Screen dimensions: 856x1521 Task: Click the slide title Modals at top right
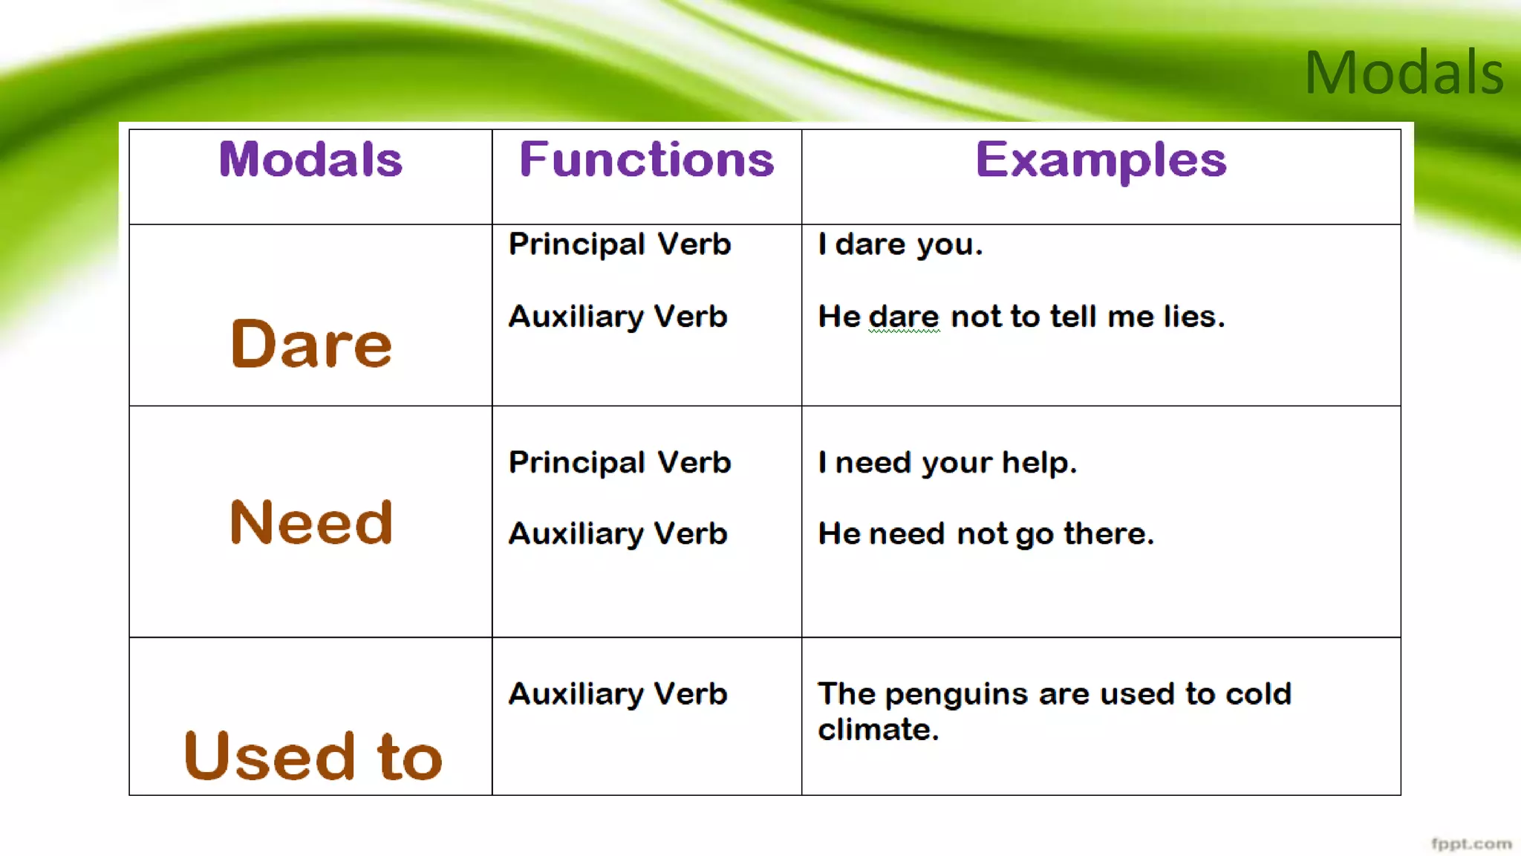click(1403, 73)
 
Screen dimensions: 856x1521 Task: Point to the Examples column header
click(1101, 160)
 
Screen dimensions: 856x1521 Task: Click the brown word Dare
click(311, 344)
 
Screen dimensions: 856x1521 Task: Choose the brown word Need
click(311, 522)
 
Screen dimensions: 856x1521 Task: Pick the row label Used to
click(313, 756)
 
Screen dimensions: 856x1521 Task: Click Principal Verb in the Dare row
click(619, 244)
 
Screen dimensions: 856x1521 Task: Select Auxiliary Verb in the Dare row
click(617, 317)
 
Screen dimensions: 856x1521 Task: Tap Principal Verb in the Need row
click(619, 462)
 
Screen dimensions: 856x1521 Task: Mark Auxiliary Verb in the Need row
click(617, 534)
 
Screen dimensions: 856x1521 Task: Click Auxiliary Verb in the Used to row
click(617, 694)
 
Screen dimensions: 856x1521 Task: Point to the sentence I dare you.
click(900, 244)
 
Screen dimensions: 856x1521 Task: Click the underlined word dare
click(904, 317)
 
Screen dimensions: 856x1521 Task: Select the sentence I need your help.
click(947, 463)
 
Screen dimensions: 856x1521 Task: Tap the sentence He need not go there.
click(986, 534)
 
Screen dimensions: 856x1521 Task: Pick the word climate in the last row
click(878, 730)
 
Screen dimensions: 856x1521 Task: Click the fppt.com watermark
click(1471, 843)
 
